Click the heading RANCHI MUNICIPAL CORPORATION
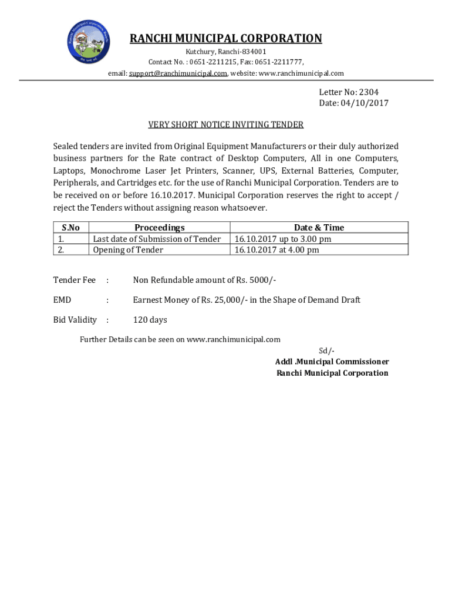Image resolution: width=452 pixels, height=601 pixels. click(x=225, y=39)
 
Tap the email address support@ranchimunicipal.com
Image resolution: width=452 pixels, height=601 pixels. click(x=176, y=73)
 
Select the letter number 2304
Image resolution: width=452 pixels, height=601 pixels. click(x=375, y=92)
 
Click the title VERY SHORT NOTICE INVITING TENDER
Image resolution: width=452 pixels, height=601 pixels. click(x=225, y=124)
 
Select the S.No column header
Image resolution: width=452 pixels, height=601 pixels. click(x=70, y=228)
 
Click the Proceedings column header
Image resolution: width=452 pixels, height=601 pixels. click(x=159, y=228)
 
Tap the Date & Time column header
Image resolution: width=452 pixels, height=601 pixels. click(x=319, y=228)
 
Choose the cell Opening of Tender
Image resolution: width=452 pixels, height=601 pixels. click(x=128, y=250)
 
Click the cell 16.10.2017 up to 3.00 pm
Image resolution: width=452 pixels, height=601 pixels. click(x=282, y=239)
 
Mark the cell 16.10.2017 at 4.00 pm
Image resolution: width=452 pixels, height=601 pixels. click(x=276, y=250)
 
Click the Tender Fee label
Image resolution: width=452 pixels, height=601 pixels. click(x=74, y=280)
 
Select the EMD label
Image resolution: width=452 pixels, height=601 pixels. click(x=62, y=300)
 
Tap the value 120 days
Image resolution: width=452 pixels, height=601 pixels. click(x=150, y=320)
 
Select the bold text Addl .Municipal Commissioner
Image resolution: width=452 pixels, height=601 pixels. click(x=332, y=362)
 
